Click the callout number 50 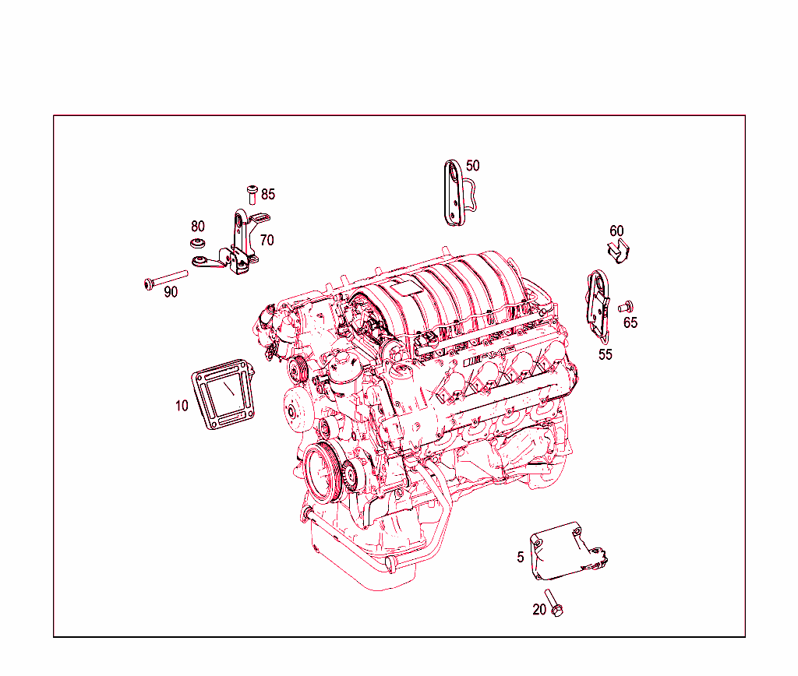point(473,165)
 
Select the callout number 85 point(268,194)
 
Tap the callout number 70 point(267,240)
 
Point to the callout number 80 point(198,227)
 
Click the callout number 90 point(171,292)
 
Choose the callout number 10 point(182,406)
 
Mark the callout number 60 point(616,231)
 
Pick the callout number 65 point(630,322)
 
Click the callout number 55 point(606,354)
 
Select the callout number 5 point(521,558)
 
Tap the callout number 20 point(539,610)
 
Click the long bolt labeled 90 point(167,279)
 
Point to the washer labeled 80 point(198,244)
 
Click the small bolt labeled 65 point(625,308)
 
